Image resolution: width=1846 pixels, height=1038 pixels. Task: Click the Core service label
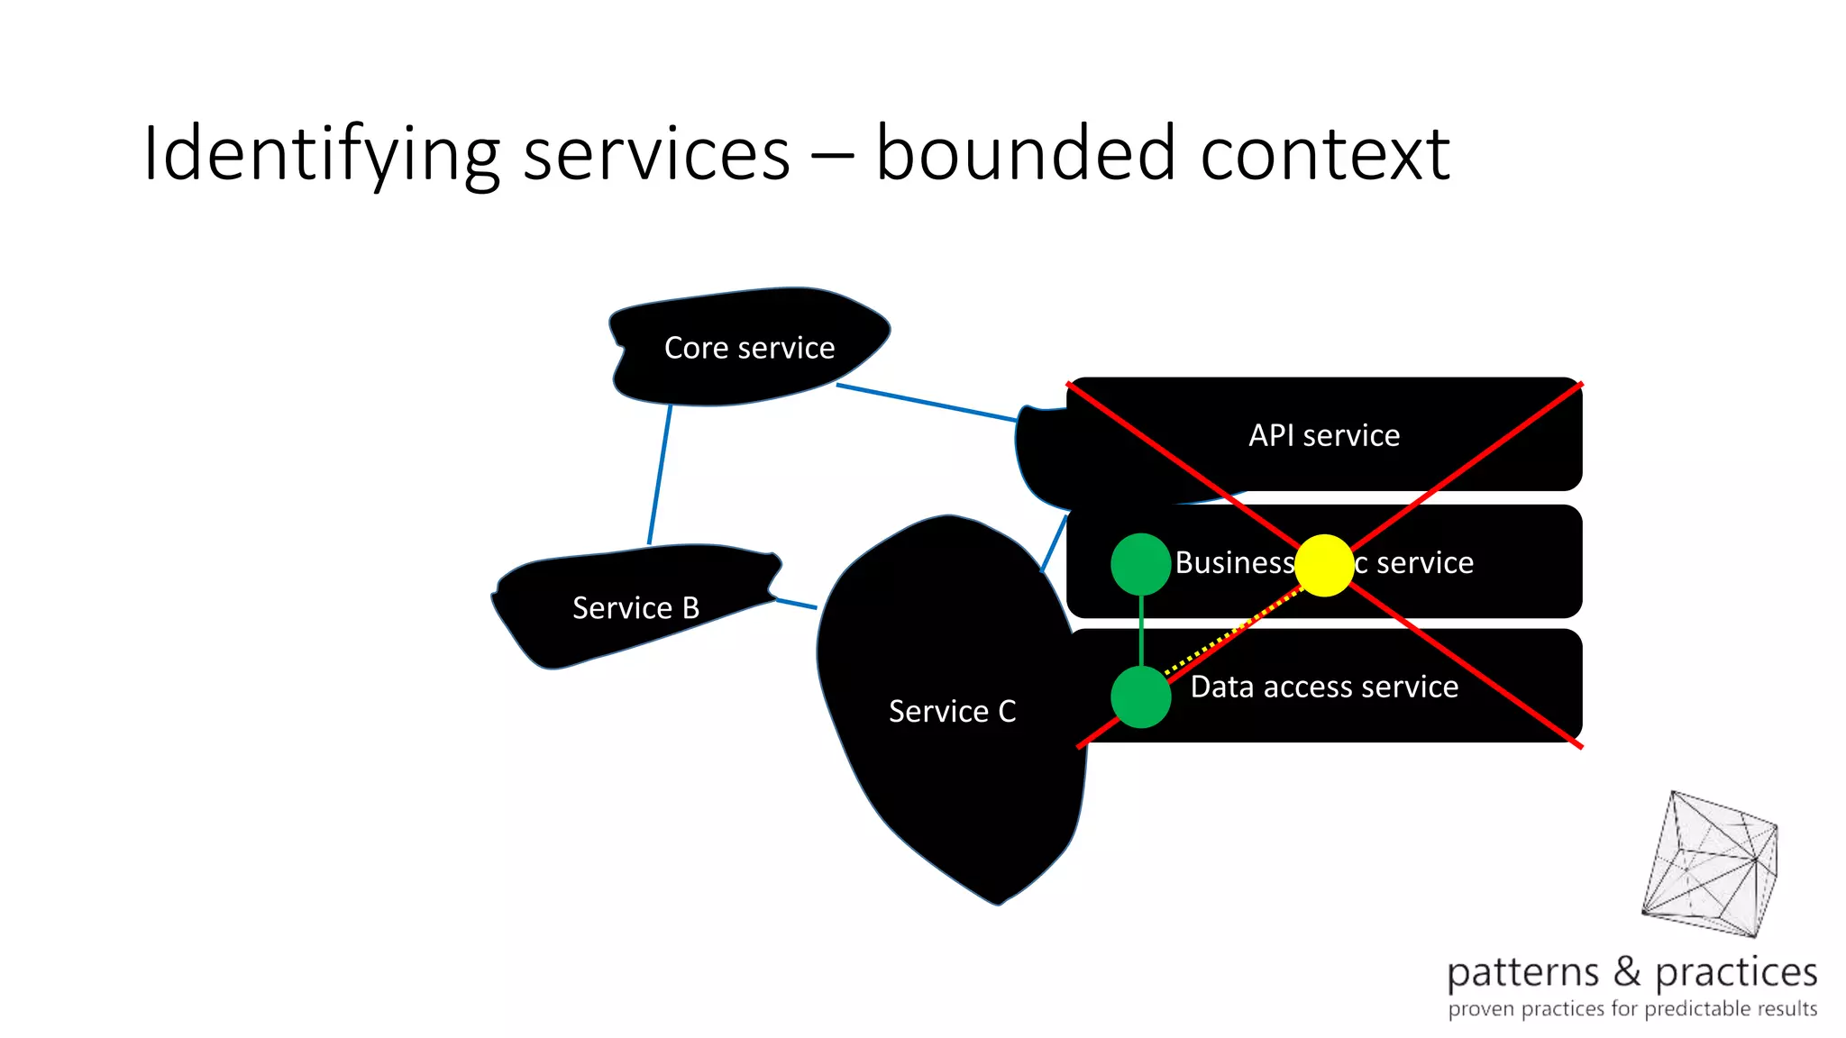[x=749, y=348]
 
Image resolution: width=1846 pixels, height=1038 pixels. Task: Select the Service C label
[x=952, y=712]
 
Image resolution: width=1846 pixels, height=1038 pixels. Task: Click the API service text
[x=1323, y=436]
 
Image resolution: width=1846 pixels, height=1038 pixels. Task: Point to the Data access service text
[x=1323, y=687]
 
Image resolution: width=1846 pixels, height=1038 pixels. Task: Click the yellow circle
[x=1323, y=565]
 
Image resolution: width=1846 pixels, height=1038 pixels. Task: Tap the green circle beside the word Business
[x=1140, y=564]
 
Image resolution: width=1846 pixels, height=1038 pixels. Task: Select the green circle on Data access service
[x=1140, y=697]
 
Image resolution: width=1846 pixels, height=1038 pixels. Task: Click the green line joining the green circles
[x=1141, y=631]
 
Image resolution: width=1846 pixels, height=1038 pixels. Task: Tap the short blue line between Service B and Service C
[x=796, y=603]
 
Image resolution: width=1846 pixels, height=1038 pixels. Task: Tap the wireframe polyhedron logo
[x=1711, y=865]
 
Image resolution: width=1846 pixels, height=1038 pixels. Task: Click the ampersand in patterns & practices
[x=1627, y=971]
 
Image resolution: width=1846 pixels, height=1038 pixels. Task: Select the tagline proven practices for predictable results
[x=1631, y=1008]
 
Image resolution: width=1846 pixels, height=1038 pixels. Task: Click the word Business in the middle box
[x=1233, y=563]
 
